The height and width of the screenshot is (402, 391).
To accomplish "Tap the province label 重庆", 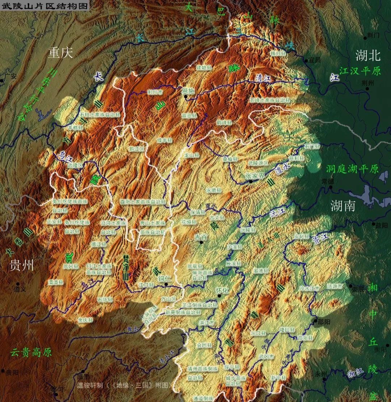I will [x=61, y=53].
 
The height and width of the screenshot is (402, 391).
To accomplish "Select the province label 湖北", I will [x=368, y=55].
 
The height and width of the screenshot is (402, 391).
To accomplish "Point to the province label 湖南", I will [x=343, y=206].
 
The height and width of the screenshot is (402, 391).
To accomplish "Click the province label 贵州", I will [x=22, y=265].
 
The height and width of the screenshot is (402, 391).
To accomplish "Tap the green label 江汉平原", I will [x=360, y=71].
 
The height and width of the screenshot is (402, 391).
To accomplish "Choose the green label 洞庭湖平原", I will [x=352, y=169].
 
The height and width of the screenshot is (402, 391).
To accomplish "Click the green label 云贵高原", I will [x=31, y=352].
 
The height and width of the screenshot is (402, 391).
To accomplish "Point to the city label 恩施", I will [x=188, y=91].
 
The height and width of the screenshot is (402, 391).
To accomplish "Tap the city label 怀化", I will [x=222, y=290].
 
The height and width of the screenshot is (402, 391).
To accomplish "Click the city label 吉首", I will [x=201, y=237].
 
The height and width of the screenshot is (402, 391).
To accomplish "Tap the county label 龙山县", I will [x=192, y=155].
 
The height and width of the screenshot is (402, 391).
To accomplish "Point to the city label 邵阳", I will [x=323, y=322].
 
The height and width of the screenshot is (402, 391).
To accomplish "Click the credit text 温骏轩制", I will [x=90, y=385].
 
